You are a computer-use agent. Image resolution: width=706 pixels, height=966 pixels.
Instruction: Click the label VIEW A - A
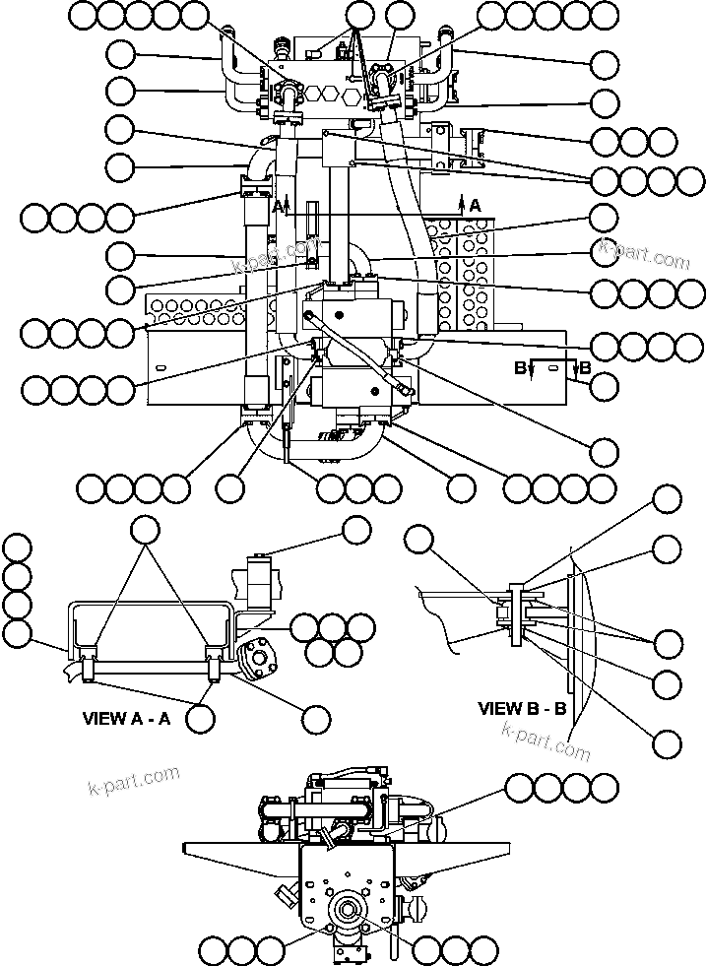[125, 718]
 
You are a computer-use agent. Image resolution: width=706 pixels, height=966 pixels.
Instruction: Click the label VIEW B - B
[521, 708]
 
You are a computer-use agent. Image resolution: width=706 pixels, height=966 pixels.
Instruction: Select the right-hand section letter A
[476, 205]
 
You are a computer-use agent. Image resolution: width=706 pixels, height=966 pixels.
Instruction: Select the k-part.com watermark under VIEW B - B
[546, 741]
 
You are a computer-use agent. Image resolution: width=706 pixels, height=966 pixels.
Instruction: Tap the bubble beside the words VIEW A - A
[201, 718]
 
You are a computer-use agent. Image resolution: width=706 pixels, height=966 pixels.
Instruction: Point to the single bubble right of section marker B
[605, 387]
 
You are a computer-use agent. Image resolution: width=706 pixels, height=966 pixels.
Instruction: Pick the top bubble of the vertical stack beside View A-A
[17, 547]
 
